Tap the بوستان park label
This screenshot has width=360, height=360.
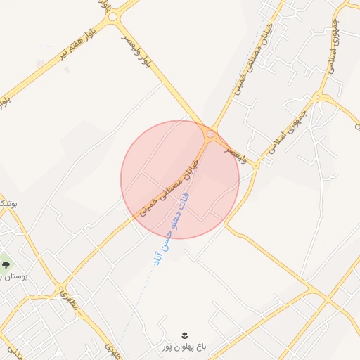[14, 277]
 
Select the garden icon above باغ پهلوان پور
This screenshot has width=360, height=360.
[184, 333]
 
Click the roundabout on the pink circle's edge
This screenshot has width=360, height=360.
[210, 133]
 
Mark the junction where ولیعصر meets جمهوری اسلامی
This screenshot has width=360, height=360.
[257, 163]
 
